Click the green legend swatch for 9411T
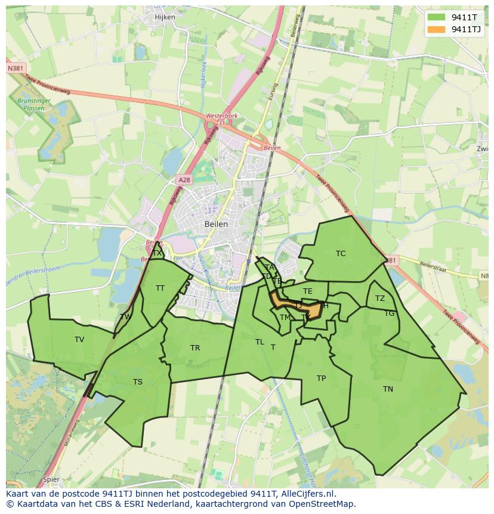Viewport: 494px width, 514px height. (x=436, y=17)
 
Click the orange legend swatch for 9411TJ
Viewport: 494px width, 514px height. (x=436, y=29)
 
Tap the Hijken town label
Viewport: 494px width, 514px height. (x=165, y=17)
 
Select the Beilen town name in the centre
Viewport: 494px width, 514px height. (x=216, y=224)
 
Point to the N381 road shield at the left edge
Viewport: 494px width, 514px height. (x=16, y=69)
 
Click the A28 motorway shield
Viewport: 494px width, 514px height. (x=184, y=179)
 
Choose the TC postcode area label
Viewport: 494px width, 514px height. (x=341, y=254)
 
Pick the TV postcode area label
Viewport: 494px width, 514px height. (x=79, y=340)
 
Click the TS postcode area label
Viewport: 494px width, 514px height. (x=138, y=382)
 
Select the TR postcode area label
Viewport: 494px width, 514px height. (x=195, y=348)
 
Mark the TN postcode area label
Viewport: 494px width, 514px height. (x=388, y=389)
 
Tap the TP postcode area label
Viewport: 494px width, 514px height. (x=321, y=378)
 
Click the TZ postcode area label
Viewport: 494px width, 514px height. (x=380, y=298)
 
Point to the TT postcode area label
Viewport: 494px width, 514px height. (x=160, y=288)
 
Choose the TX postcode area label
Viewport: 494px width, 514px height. (x=157, y=253)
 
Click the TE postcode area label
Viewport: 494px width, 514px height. (x=308, y=291)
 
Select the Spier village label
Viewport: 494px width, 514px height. (x=51, y=479)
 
